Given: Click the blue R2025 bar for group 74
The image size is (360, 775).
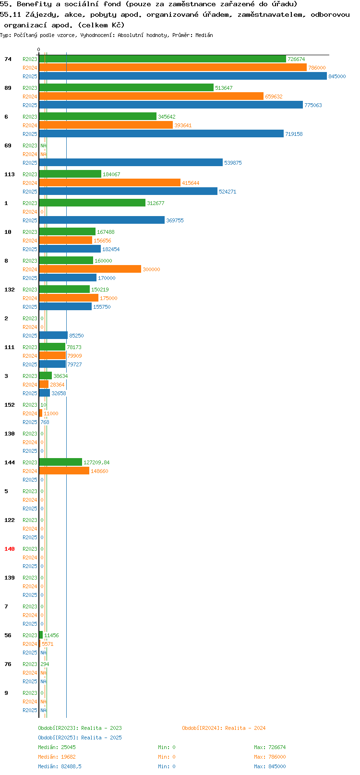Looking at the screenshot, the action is tap(183, 76).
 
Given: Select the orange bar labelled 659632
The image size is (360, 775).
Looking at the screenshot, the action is tap(151, 96).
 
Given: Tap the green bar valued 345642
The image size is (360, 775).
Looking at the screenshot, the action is tap(98, 117).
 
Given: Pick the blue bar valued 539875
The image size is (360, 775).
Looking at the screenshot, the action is tap(131, 162).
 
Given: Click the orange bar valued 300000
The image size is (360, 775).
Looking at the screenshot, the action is tap(90, 269).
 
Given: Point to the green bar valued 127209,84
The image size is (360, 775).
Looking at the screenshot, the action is tap(60, 462).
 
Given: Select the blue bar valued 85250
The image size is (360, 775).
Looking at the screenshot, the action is tap(53, 335).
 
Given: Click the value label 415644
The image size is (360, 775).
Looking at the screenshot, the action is tap(191, 182).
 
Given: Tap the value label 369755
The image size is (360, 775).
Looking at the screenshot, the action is tap(175, 220).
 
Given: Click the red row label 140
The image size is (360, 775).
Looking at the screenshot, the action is tap(9, 549).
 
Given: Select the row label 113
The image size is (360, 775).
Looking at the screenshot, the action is tap(9, 174).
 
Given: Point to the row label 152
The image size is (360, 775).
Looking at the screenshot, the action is tap(9, 404).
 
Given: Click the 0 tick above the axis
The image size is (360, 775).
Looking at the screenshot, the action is tap(38, 49).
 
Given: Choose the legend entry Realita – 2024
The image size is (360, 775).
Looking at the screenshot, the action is tap(224, 727).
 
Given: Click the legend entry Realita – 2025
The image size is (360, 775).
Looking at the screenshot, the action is tap(80, 737).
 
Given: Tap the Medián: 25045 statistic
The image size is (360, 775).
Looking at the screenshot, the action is tap(57, 747).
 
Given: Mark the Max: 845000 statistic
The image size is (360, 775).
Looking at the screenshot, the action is tap(270, 766).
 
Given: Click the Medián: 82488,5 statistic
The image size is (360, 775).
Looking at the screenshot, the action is tap(60, 766).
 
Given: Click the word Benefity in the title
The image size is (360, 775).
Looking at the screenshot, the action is tap(34, 4).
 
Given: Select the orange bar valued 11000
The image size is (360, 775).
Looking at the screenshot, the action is tap(40, 413).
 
